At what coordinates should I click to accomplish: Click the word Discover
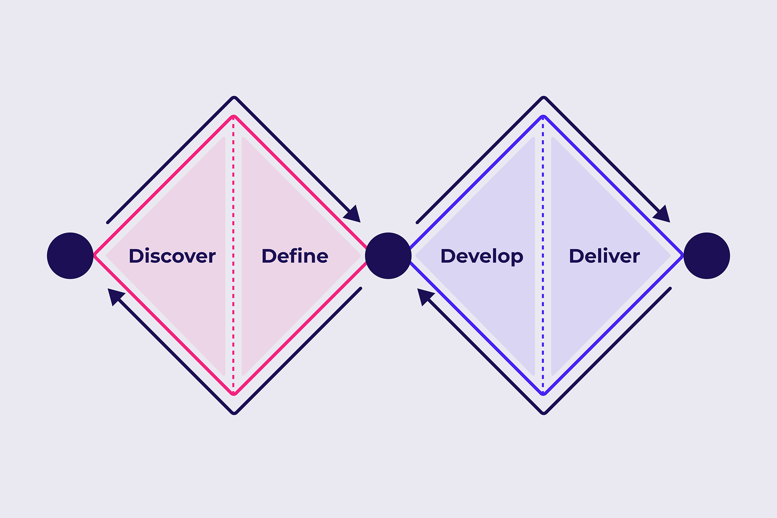pyautogui.click(x=172, y=256)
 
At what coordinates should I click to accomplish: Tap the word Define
pyautogui.click(x=295, y=256)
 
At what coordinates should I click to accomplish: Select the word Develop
pyautogui.click(x=482, y=256)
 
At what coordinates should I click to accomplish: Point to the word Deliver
pyautogui.click(x=604, y=256)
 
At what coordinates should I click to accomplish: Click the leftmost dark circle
pyautogui.click(x=70, y=256)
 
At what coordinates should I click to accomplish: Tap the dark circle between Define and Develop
pyautogui.click(x=388, y=256)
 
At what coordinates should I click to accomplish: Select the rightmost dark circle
pyautogui.click(x=707, y=256)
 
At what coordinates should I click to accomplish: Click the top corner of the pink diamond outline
pyautogui.click(x=233, y=117)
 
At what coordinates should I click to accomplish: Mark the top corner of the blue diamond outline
pyautogui.click(x=543, y=117)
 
